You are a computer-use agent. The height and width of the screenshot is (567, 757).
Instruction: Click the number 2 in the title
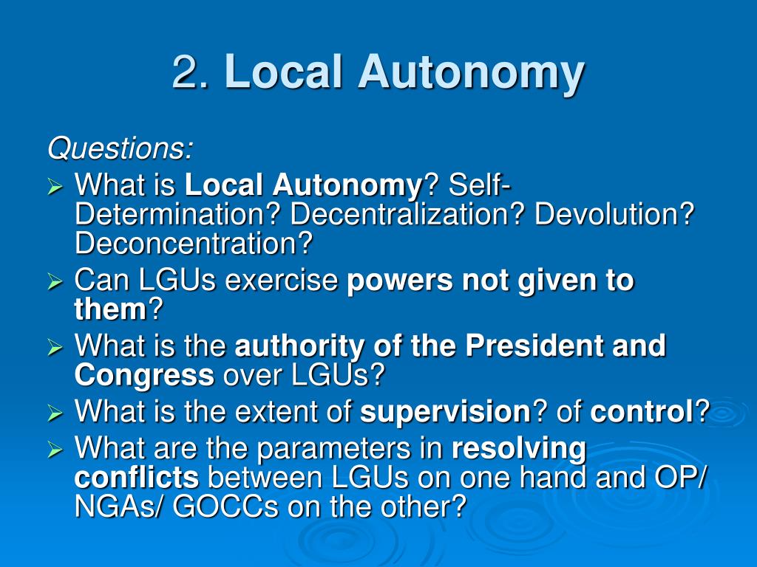186,72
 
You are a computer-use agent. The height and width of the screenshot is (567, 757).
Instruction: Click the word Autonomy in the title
472,72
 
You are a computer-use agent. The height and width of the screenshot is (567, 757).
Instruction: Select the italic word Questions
120,149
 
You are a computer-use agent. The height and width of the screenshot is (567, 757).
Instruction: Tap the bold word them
111,310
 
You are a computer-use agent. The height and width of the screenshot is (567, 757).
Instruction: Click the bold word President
533,346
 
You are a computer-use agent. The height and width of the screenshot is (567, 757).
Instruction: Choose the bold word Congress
144,375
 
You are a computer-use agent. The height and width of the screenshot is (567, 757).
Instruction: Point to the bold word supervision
445,411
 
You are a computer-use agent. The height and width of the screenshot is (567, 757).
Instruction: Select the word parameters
329,447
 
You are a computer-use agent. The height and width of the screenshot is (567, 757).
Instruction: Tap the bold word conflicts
137,477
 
